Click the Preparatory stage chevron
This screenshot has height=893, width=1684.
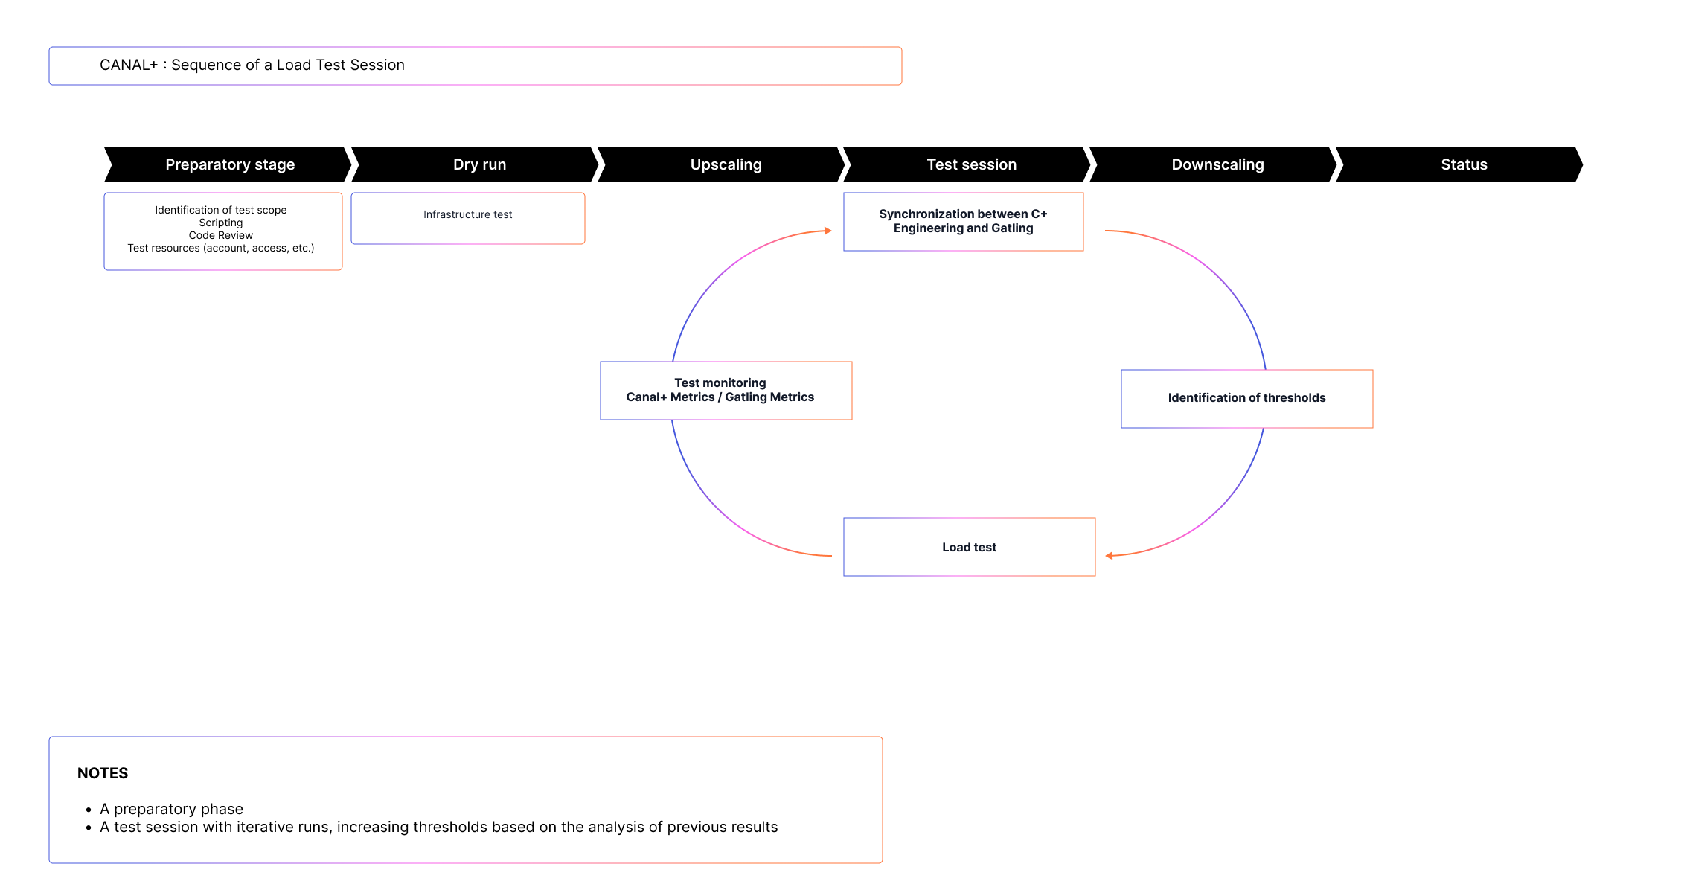click(x=229, y=164)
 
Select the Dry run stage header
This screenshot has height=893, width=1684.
click(x=479, y=164)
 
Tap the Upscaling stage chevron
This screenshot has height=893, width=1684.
click(x=726, y=164)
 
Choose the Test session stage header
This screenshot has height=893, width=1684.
click(x=971, y=164)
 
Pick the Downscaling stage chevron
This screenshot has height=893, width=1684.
click(x=1217, y=164)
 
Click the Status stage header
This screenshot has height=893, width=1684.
click(x=1464, y=164)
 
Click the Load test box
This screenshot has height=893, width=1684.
click(x=969, y=547)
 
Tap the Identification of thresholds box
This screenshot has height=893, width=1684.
click(x=1246, y=398)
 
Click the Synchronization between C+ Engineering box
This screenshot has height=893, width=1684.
click(x=963, y=221)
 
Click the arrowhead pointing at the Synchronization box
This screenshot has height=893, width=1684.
click(x=827, y=231)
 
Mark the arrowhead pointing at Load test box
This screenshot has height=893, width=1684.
click(x=1110, y=556)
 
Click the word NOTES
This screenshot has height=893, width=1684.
click(x=103, y=773)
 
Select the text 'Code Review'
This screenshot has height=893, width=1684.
click(x=220, y=235)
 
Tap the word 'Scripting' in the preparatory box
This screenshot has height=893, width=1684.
click(x=220, y=223)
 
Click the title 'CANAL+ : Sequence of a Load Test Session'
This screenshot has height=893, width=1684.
click(x=252, y=65)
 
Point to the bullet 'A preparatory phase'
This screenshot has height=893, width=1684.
click(x=171, y=809)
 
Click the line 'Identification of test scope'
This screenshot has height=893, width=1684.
click(x=220, y=210)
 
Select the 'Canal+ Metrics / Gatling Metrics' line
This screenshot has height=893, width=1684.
click(x=720, y=397)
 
